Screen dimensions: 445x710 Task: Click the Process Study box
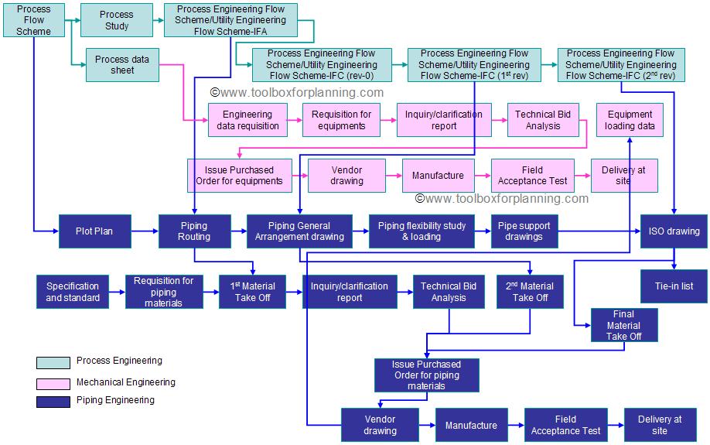point(117,20)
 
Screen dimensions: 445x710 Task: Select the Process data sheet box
point(122,65)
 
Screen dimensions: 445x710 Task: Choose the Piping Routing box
point(194,231)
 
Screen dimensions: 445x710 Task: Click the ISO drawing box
point(673,231)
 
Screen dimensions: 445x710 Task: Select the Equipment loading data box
point(630,120)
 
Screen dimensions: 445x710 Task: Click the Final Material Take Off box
point(624,325)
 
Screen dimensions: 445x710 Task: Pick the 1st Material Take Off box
point(253,292)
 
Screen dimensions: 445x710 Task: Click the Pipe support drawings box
point(524,231)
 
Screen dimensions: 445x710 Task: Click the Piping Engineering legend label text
point(115,400)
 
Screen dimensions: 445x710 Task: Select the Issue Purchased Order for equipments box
point(241,176)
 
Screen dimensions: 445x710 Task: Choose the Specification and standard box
point(73,292)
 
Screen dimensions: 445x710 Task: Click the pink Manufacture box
point(438,176)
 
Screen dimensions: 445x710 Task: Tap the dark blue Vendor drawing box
point(380,425)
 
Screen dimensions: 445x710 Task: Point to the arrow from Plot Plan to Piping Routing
point(145,231)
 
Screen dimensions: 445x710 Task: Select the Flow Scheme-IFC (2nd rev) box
point(621,65)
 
